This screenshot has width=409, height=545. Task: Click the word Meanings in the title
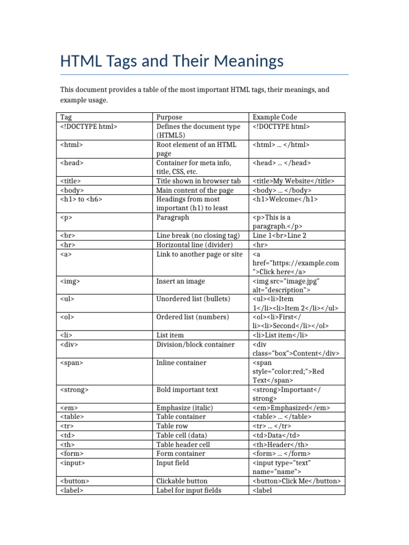tap(249, 62)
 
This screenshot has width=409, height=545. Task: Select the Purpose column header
tap(169, 117)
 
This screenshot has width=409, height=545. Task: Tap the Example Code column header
tap(275, 117)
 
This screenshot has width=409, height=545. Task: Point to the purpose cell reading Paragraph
tap(173, 218)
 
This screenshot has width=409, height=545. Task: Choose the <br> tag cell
tap(68, 236)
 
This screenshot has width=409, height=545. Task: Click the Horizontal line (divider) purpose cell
tap(194, 245)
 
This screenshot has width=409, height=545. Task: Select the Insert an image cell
tap(181, 281)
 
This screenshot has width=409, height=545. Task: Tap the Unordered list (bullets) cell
tap(193, 299)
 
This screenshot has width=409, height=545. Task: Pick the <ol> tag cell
tap(68, 317)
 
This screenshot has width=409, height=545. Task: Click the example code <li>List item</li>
tap(280, 335)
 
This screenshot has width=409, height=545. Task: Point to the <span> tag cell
tap(72, 362)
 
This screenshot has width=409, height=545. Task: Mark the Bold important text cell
tap(187, 390)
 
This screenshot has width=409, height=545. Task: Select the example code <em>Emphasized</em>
tap(291, 408)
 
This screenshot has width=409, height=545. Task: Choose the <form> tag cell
tap(72, 453)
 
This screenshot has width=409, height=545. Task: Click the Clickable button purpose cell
tap(182, 481)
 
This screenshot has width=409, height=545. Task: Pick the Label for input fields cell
tap(189, 490)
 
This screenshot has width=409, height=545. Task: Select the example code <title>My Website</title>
tap(293, 181)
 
